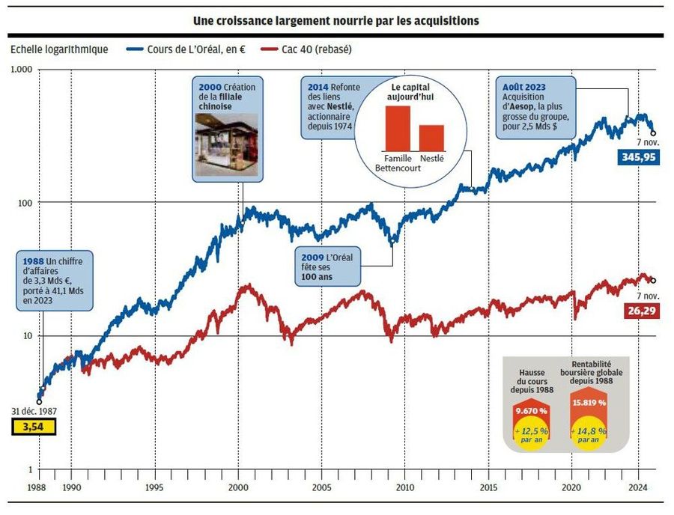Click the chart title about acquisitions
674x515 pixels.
[336, 20]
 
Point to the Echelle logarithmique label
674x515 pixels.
[59, 49]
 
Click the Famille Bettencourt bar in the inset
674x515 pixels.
[398, 128]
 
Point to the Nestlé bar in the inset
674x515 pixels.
[431, 137]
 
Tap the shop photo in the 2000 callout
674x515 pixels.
[225, 147]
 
